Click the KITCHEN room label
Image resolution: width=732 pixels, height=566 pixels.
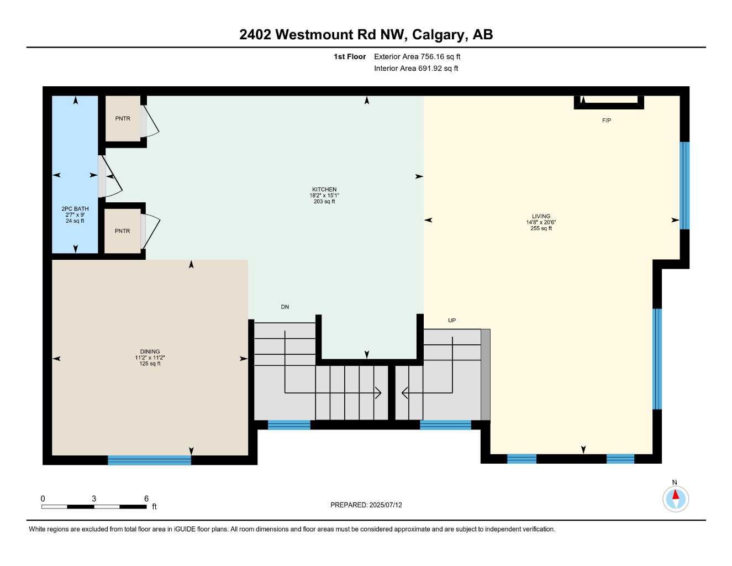pyautogui.click(x=324, y=190)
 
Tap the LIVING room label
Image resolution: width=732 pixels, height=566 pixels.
pyautogui.click(x=541, y=216)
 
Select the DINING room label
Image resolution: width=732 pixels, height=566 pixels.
pyautogui.click(x=150, y=352)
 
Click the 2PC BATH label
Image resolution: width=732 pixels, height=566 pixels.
pyautogui.click(x=75, y=209)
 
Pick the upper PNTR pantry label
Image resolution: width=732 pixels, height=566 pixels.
pyautogui.click(x=123, y=119)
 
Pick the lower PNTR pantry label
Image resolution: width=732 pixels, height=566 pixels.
pyautogui.click(x=123, y=231)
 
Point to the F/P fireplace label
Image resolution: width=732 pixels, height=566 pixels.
pyautogui.click(x=607, y=120)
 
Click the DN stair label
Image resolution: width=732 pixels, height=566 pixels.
pyautogui.click(x=285, y=307)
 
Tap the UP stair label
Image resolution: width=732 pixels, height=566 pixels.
pyautogui.click(x=452, y=321)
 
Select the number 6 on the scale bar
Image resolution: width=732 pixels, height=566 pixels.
pyautogui.click(x=146, y=499)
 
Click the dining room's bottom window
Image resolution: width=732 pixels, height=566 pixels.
pyautogui.click(x=149, y=460)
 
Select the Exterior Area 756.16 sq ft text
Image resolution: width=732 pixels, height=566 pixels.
pyautogui.click(x=417, y=56)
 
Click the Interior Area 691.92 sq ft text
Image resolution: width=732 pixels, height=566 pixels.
pyautogui.click(x=416, y=69)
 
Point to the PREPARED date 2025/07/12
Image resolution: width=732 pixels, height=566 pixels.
pyautogui.click(x=366, y=505)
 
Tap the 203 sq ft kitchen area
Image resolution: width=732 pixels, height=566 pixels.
pyautogui.click(x=324, y=202)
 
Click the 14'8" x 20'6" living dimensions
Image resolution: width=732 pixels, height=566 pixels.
pyautogui.click(x=541, y=222)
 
